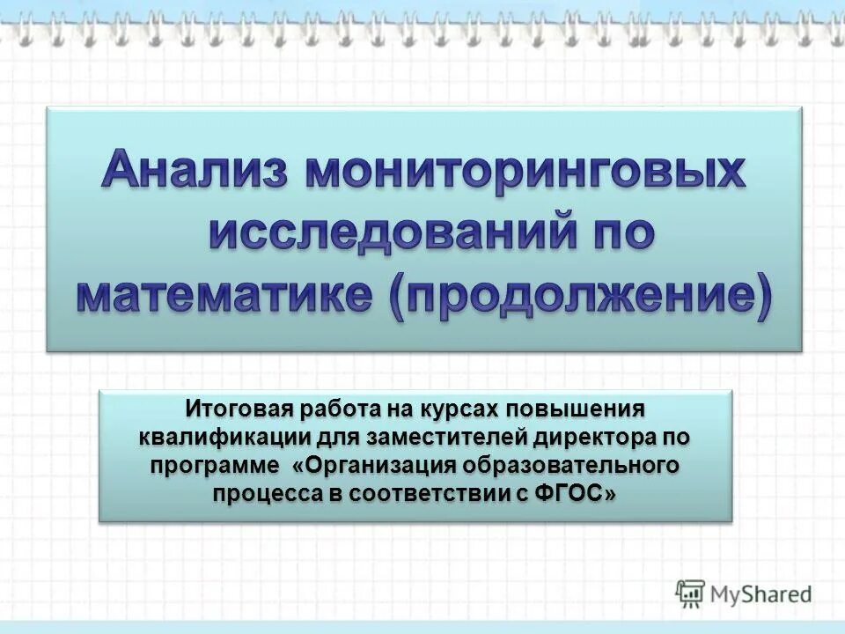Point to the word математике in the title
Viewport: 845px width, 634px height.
coord(227,296)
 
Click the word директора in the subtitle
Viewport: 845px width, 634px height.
coord(599,437)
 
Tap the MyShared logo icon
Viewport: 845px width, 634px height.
coord(691,594)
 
